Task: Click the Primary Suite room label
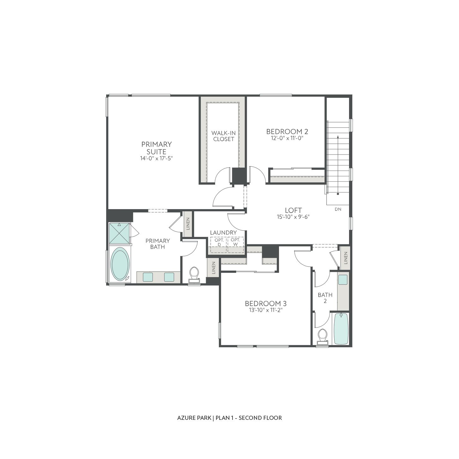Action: tap(156, 148)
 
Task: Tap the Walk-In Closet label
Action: tap(223, 136)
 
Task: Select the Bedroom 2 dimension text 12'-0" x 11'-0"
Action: tap(287, 138)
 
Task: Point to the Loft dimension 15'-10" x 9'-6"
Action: tap(293, 217)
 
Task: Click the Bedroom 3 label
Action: tap(266, 303)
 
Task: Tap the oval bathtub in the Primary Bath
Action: tap(120, 264)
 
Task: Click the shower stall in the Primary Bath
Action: tap(119, 233)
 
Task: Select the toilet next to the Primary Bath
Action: tap(194, 274)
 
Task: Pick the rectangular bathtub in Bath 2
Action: tap(341, 329)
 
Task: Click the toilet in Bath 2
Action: tap(323, 335)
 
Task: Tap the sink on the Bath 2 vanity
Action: tap(343, 279)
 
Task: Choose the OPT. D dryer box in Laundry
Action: tap(219, 242)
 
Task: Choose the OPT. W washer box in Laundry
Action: tap(236, 242)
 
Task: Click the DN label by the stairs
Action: tap(338, 209)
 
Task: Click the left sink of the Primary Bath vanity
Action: tap(148, 277)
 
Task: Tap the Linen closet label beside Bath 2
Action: tap(345, 258)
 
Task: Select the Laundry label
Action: tap(223, 233)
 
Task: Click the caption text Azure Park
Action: tap(194, 418)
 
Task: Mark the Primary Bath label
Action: tap(157, 244)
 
